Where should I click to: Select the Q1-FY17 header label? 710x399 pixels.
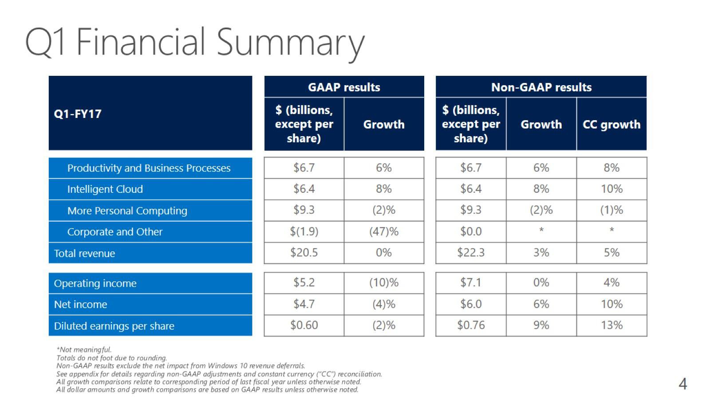(78, 114)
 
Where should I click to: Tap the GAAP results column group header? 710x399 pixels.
(344, 87)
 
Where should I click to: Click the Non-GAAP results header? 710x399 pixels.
(541, 87)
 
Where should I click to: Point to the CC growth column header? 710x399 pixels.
(611, 125)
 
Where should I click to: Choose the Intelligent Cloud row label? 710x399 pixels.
(105, 189)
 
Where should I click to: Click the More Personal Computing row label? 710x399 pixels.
(127, 211)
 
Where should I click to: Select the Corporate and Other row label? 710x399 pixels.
(115, 232)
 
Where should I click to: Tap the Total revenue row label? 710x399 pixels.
(84, 254)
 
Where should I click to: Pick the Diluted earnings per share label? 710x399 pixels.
(114, 326)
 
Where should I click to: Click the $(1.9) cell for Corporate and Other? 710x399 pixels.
(304, 231)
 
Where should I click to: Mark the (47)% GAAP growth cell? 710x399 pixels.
(384, 231)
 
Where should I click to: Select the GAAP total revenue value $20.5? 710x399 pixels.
(304, 253)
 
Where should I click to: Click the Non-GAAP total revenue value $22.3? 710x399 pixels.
(471, 253)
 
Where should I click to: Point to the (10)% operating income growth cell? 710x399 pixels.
(384, 283)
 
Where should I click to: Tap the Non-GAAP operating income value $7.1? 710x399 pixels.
(471, 283)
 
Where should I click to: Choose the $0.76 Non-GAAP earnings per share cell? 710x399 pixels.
(471, 325)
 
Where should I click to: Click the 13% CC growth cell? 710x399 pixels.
(611, 325)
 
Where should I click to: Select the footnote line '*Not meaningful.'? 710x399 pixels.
(84, 350)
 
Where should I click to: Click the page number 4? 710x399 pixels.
(682, 383)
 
